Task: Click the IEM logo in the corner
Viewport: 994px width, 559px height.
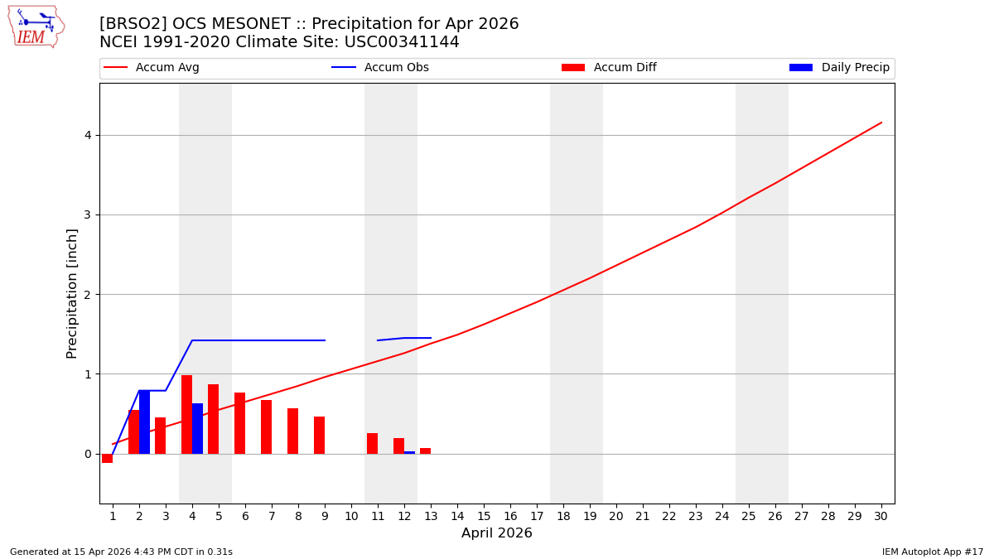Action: [36, 27]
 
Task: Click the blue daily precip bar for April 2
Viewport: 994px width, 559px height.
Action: [144, 422]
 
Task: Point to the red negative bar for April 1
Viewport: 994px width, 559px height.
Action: [108, 458]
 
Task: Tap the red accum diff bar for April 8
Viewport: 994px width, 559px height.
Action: [292, 431]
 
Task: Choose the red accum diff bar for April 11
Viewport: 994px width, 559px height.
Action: [372, 443]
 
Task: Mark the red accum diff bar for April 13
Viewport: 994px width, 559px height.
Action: [425, 451]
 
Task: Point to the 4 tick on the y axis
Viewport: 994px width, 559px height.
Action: [86, 135]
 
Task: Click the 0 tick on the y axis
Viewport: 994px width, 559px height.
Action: [86, 454]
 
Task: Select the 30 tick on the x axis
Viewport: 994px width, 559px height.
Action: [881, 516]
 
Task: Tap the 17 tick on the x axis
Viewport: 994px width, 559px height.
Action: [536, 516]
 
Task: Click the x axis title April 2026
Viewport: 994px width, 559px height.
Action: [496, 533]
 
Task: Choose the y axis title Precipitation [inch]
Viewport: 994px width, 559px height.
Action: [72, 293]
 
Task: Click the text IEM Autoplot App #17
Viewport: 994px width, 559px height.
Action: [933, 552]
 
